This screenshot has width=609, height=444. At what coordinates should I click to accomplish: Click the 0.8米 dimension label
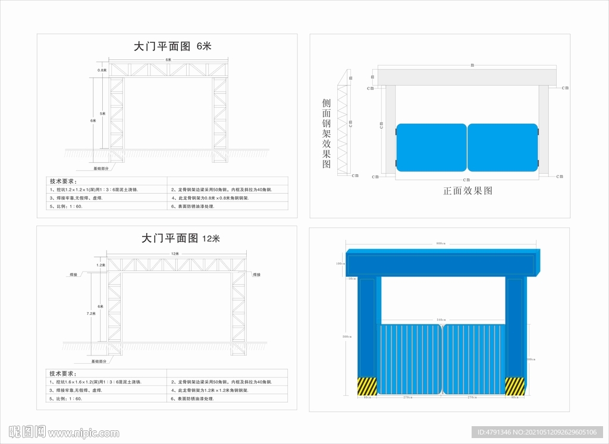click(102, 70)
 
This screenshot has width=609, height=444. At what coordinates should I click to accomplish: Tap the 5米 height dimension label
click(103, 113)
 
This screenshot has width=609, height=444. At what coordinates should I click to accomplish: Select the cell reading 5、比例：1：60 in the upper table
click(66, 206)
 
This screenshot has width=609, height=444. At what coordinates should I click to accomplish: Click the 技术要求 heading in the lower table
click(62, 373)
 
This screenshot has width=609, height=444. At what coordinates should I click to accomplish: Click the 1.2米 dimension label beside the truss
click(101, 264)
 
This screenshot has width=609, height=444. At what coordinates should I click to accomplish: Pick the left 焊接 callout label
click(74, 275)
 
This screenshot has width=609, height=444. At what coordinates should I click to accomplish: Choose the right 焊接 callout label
click(257, 275)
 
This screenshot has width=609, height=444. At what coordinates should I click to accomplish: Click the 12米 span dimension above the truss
click(175, 254)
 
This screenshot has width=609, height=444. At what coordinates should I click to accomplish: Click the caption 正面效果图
click(467, 191)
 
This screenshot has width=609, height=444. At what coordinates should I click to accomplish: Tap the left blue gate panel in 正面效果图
click(431, 147)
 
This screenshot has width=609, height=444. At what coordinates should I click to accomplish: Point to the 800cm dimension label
click(441, 244)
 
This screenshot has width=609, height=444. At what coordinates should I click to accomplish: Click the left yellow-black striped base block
click(366, 386)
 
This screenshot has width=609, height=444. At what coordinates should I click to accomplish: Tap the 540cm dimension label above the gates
click(441, 320)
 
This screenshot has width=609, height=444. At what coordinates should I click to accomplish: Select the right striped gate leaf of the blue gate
click(473, 359)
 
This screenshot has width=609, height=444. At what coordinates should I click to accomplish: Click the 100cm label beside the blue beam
click(340, 264)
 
